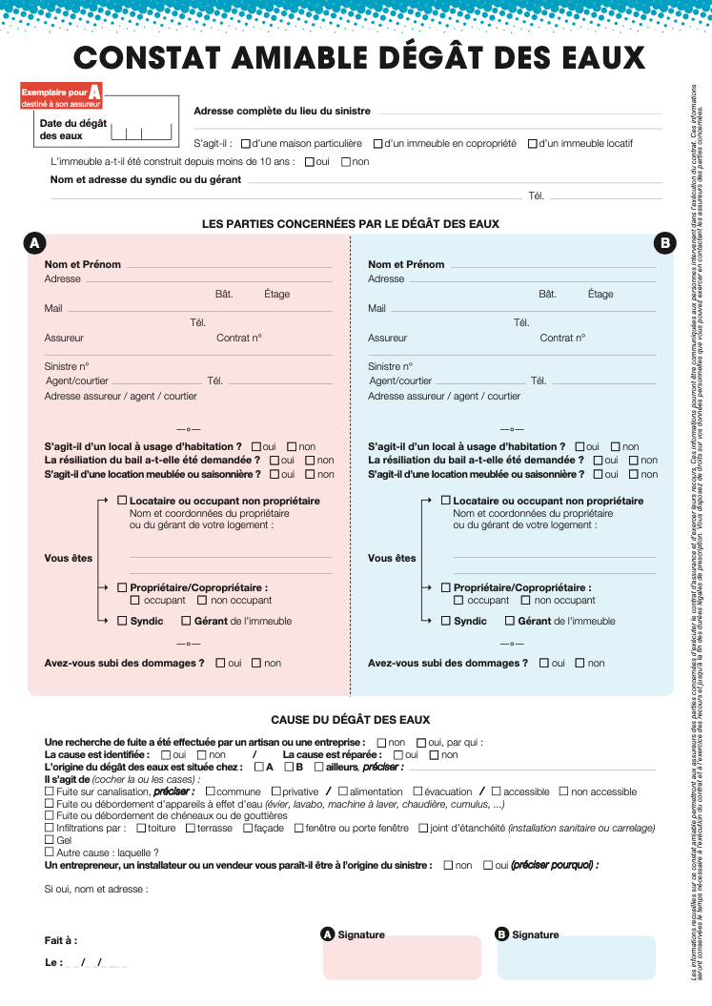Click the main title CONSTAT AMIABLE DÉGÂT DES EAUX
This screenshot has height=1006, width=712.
[359, 58]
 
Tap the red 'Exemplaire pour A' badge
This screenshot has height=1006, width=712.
[61, 93]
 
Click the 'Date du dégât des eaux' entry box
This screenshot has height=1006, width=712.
[142, 133]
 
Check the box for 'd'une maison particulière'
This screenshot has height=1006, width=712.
[246, 144]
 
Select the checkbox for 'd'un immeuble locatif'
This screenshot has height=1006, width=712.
[532, 144]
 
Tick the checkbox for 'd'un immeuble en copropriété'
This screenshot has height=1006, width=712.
[378, 144]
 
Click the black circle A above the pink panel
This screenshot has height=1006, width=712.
[33, 243]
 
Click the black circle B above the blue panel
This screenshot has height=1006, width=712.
[664, 243]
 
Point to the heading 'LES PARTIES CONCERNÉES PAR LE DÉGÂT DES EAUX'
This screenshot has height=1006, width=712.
[350, 224]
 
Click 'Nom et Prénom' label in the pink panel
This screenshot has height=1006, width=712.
[82, 264]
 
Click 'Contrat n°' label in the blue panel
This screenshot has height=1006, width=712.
[562, 338]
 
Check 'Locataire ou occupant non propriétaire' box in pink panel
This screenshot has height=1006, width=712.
[122, 501]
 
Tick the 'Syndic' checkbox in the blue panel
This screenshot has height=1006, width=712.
[446, 621]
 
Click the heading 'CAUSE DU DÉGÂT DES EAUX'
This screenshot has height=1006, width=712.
[350, 720]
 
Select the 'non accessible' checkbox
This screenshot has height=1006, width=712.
[564, 791]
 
